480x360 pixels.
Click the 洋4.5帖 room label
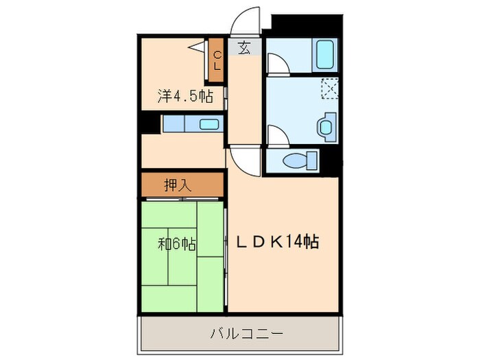point(184,97)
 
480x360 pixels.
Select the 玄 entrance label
point(244,48)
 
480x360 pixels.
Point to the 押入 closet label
point(177,184)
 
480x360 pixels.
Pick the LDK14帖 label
point(277,241)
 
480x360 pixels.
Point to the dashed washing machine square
point(331,88)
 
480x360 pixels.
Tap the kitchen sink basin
point(208,124)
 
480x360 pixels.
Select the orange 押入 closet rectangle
point(183,184)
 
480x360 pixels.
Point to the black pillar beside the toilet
point(333,160)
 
